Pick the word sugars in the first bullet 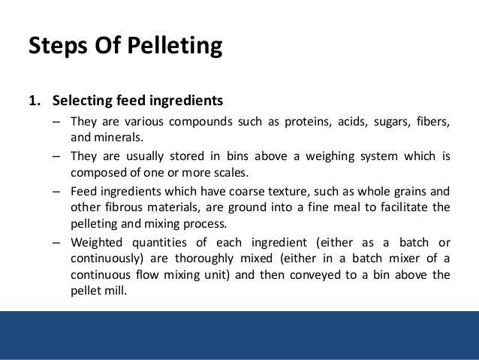tap(387, 122)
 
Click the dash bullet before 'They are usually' tap(57, 158)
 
